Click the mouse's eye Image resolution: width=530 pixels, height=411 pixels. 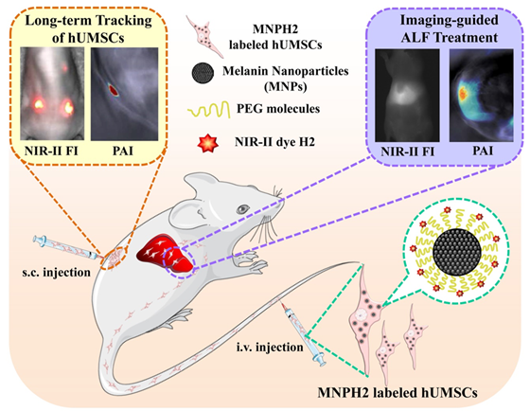[242, 209]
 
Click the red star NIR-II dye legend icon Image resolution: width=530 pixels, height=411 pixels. [207, 142]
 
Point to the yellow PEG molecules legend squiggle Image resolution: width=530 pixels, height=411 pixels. [208, 109]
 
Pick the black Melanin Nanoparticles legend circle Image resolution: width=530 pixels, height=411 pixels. [203, 72]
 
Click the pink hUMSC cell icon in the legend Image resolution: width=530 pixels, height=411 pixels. [204, 35]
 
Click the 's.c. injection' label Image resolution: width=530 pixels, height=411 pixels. [57, 273]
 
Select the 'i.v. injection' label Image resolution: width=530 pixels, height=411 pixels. [270, 347]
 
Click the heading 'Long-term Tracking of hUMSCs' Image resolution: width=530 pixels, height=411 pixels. [88, 28]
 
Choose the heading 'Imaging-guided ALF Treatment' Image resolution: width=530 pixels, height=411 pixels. [450, 28]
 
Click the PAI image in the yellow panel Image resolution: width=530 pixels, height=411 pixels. [124, 94]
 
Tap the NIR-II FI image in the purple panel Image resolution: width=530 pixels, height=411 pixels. [407, 95]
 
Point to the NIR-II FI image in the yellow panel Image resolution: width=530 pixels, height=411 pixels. [52, 94]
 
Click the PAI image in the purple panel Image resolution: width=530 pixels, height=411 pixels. [482, 95]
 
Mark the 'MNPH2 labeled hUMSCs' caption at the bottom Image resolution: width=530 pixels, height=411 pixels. [397, 393]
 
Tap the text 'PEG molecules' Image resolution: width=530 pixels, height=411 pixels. [278, 109]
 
